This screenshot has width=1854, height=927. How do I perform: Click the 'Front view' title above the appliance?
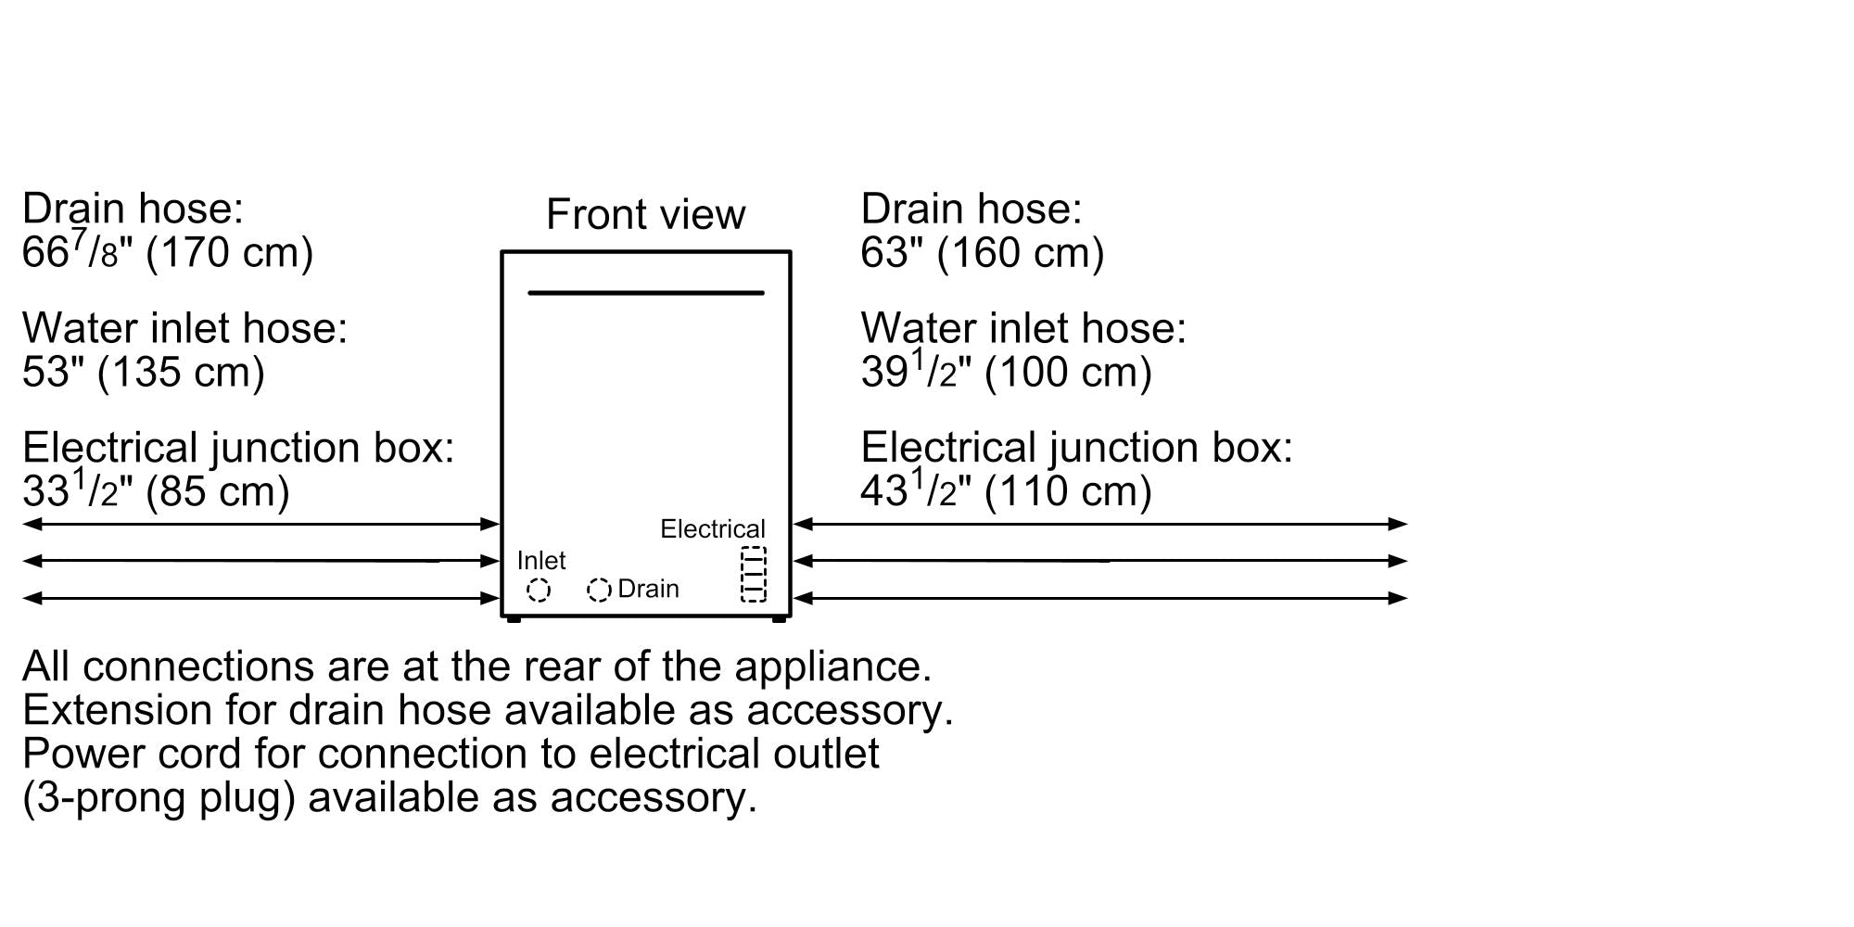point(645,214)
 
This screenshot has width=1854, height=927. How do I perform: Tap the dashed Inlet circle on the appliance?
point(539,590)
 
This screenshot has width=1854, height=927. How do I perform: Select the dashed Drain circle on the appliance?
point(599,590)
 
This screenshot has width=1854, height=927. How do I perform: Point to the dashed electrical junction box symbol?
point(754,574)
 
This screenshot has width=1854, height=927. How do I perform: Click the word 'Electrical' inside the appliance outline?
point(712,528)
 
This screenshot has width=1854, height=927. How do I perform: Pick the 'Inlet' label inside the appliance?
point(540,560)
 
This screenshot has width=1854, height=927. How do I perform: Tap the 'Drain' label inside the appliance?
point(648,589)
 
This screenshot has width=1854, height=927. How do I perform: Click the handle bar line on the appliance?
point(645,293)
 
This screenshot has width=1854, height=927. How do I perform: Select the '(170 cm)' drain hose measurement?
point(230,252)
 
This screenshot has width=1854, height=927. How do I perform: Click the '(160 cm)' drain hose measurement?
point(1020,252)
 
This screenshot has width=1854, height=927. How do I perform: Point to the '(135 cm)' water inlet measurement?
point(181,372)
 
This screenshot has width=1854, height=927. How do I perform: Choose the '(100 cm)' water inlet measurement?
point(1068,372)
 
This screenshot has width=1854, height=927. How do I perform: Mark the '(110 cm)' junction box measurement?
point(1068,490)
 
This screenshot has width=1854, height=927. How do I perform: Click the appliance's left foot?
point(514,618)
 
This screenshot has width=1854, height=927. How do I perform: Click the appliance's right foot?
point(779,618)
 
